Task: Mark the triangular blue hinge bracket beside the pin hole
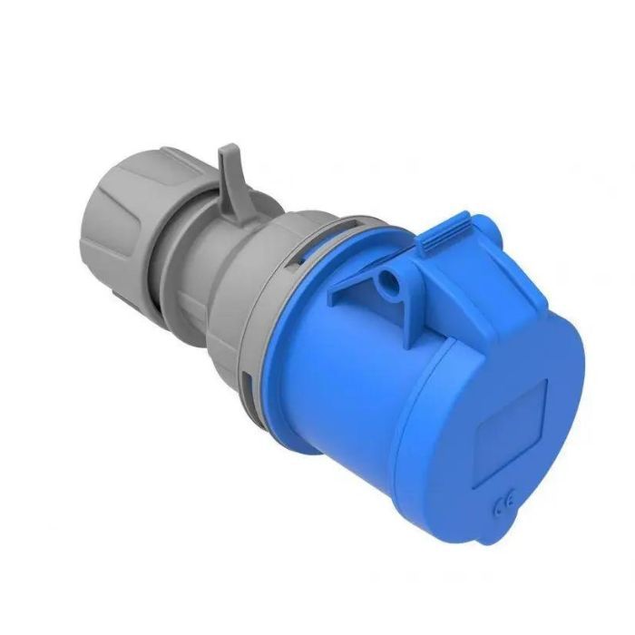click(x=358, y=281)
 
